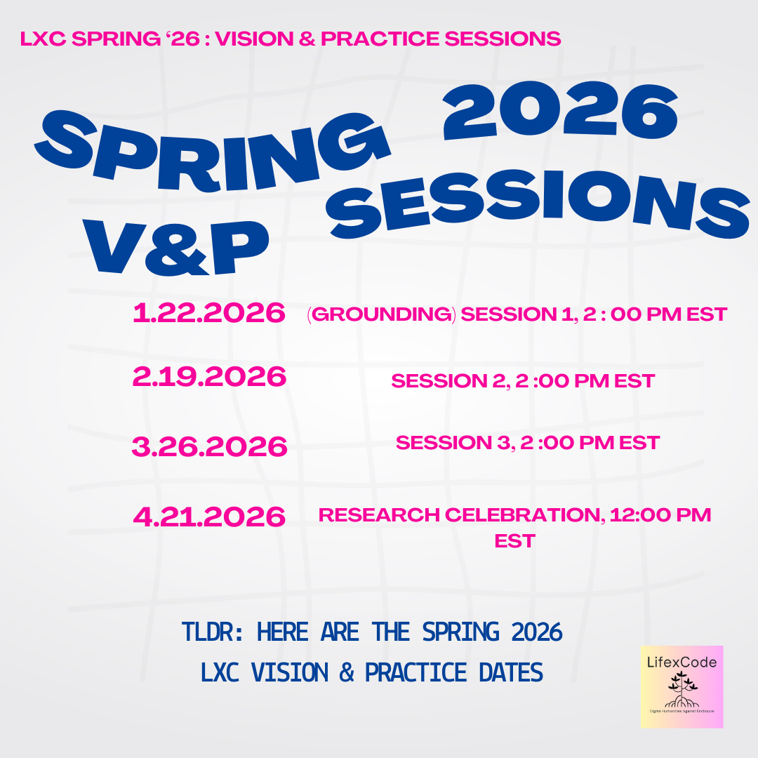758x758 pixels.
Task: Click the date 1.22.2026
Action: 208,313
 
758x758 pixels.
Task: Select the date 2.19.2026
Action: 208,378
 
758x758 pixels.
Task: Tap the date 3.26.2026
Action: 208,446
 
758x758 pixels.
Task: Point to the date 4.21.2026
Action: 208,517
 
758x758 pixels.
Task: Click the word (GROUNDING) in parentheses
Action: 381,314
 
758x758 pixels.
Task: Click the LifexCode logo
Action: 681,686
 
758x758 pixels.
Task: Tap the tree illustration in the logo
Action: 679,689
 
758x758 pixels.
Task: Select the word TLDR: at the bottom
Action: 211,632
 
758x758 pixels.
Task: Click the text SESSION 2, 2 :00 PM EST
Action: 523,381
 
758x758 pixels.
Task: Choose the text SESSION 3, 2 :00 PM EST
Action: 527,443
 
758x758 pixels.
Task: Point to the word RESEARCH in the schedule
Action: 379,514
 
